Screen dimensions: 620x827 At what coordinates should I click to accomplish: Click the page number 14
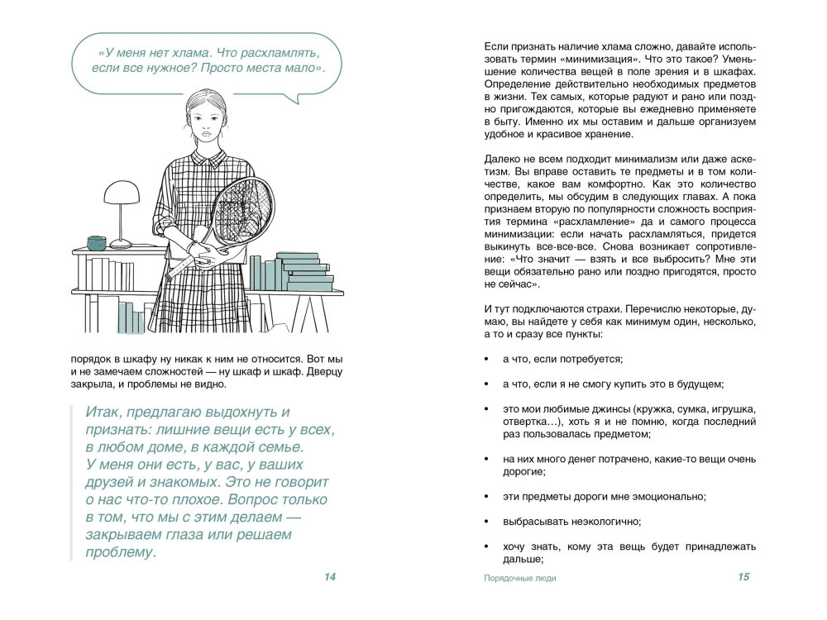tap(329, 577)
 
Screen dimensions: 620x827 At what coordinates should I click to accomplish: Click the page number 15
tap(743, 577)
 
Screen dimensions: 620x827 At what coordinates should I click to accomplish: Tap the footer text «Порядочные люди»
tap(520, 578)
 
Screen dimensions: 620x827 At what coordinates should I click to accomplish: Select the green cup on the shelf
tap(98, 242)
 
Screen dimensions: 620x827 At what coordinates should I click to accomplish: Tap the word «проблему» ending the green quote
tap(120, 552)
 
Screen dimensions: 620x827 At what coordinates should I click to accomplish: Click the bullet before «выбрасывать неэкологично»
tap(484, 522)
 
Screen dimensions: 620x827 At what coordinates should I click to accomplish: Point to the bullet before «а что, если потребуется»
tap(484, 360)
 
